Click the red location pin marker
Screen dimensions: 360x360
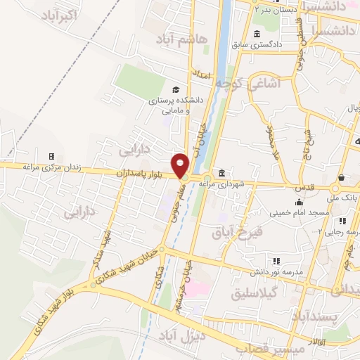click(x=181, y=165)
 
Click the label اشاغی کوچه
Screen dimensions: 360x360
click(x=247, y=83)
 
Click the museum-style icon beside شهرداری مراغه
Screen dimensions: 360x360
click(x=221, y=173)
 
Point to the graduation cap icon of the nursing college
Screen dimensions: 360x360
click(x=175, y=89)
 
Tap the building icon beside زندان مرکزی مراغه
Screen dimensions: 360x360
click(x=51, y=156)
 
